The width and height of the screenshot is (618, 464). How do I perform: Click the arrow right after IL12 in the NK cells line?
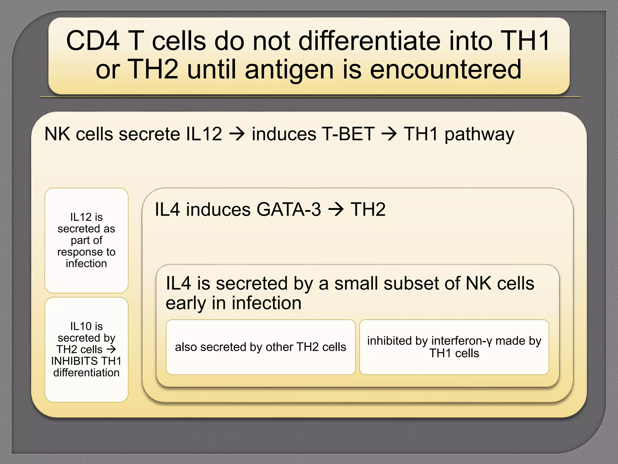click(x=237, y=134)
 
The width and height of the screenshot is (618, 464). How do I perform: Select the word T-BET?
click(x=348, y=134)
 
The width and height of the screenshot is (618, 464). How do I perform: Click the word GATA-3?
click(x=289, y=209)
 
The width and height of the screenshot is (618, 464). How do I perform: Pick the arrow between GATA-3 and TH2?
click(x=336, y=209)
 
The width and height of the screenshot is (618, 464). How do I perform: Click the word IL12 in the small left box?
click(x=80, y=217)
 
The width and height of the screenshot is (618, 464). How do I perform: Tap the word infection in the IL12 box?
click(x=86, y=263)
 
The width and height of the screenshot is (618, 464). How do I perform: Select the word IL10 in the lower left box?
click(x=80, y=326)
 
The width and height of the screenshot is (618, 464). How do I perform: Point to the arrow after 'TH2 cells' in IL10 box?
click(x=111, y=350)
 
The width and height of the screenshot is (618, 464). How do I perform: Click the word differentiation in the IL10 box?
click(x=86, y=372)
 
